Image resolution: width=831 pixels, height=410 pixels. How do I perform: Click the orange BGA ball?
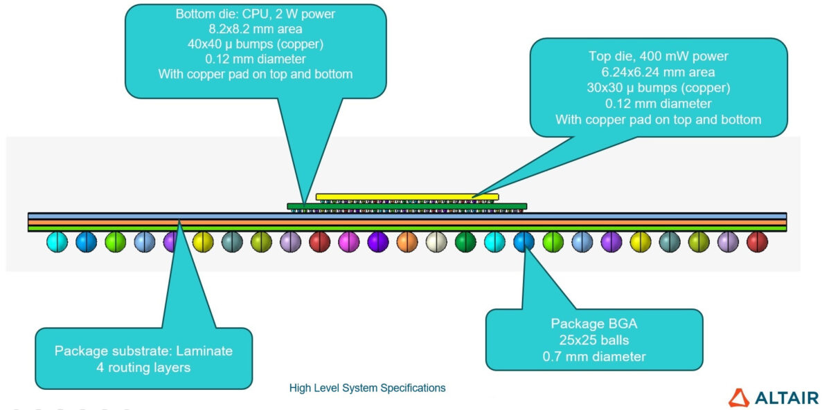(x=407, y=241)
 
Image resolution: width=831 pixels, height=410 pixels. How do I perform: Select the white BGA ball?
(x=436, y=241)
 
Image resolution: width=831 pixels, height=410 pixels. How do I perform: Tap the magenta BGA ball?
(x=348, y=241)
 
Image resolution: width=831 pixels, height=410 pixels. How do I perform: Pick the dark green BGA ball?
(x=465, y=241)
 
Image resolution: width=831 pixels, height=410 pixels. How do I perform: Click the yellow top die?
(x=407, y=196)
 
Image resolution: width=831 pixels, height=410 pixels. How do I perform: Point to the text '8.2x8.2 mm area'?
(x=256, y=29)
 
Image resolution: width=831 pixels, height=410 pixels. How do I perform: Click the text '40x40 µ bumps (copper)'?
(x=256, y=44)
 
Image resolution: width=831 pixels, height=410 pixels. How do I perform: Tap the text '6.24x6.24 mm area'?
(x=658, y=73)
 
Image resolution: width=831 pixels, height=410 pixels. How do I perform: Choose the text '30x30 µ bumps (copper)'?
(x=658, y=88)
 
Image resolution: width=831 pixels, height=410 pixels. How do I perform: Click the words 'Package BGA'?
(x=593, y=324)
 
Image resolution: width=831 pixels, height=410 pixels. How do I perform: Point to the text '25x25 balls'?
(x=593, y=340)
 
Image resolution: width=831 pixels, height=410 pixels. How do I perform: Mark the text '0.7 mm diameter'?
(x=593, y=357)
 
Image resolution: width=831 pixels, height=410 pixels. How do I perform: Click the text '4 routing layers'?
(x=143, y=367)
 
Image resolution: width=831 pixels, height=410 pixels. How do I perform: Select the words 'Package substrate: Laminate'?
(x=143, y=351)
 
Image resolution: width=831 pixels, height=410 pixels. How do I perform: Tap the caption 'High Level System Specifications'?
(x=367, y=388)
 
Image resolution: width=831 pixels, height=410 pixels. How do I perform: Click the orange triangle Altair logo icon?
(x=739, y=398)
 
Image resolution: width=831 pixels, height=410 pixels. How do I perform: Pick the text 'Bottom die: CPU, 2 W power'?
(x=256, y=14)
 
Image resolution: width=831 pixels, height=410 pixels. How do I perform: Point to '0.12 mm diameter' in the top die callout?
(x=658, y=104)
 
